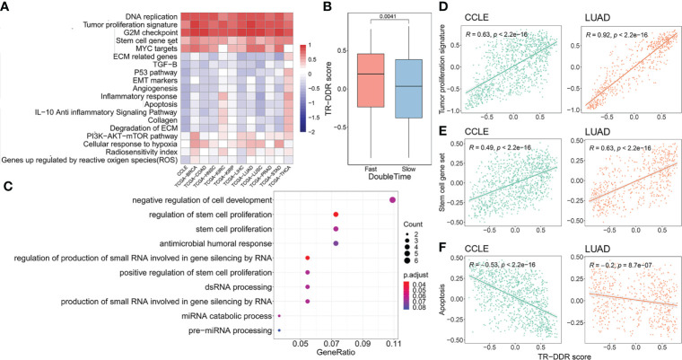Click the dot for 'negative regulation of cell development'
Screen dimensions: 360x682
pos(392,199)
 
